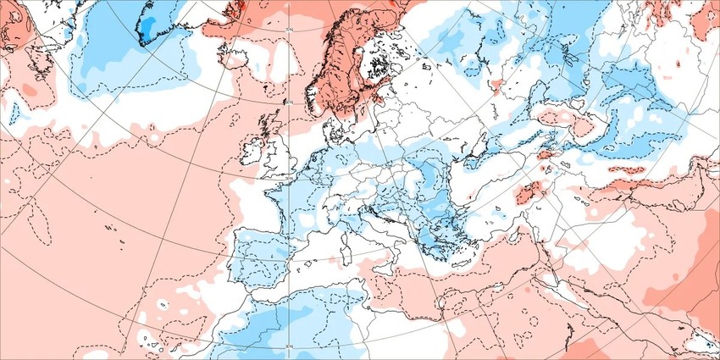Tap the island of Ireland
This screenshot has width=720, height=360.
[255, 153]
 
